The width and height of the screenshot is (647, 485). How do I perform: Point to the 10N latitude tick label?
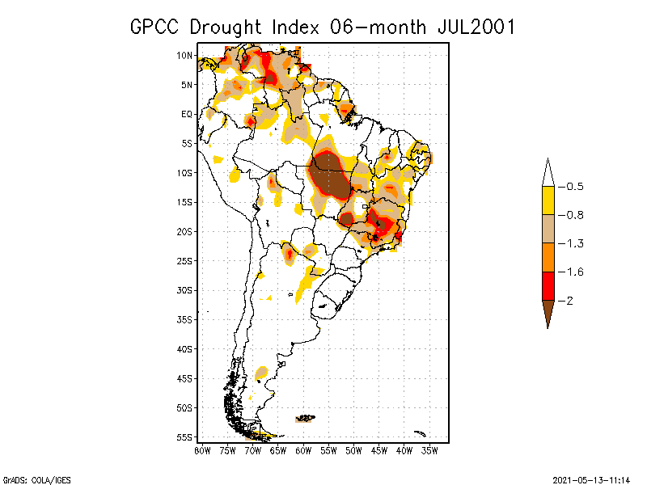(184, 55)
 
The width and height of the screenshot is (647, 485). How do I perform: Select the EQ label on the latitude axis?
(187, 114)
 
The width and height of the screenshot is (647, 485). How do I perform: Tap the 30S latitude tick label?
(184, 290)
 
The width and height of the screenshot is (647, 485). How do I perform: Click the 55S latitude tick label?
(184, 437)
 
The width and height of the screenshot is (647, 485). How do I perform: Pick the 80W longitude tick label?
(203, 450)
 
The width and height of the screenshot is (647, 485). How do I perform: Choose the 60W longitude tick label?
(303, 450)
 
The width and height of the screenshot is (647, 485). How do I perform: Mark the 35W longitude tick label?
(429, 450)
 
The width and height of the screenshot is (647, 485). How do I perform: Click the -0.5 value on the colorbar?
(575, 187)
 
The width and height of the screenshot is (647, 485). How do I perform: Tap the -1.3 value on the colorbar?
(575, 243)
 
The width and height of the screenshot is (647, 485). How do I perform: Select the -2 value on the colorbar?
(571, 300)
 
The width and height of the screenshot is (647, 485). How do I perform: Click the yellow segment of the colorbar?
(548, 200)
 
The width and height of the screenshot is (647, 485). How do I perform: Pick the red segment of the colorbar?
(548, 285)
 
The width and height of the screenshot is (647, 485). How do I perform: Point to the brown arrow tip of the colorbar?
(548, 315)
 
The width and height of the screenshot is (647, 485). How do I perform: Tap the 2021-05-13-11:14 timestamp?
(591, 479)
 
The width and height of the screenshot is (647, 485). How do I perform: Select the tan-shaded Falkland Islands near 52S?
(305, 418)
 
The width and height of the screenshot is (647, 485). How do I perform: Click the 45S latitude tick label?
(184, 378)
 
